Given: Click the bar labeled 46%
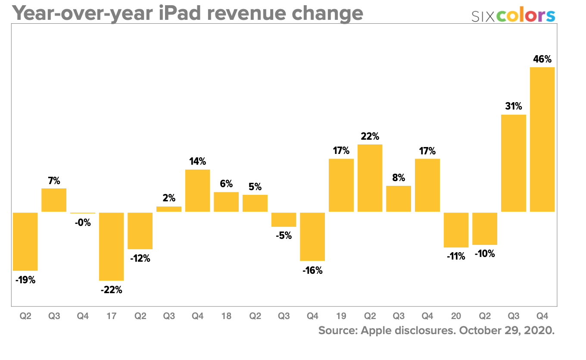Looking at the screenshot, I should click(542, 139).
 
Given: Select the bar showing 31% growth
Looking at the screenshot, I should click(514, 163).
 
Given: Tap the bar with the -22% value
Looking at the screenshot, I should click(111, 246).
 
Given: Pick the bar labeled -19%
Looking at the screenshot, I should click(25, 241).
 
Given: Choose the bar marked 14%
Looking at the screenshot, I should click(197, 191).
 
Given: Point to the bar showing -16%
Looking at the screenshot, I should click(312, 236).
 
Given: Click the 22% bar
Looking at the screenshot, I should click(370, 178).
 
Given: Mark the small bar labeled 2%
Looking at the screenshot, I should click(169, 209).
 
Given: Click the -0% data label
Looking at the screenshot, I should click(83, 223).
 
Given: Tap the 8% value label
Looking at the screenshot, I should click(399, 178).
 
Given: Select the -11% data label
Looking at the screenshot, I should click(456, 257).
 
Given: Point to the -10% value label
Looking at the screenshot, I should click(485, 254).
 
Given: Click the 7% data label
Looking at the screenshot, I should click(54, 181).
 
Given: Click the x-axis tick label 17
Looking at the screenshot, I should click(111, 316).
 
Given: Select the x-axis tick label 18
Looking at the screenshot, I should click(226, 316).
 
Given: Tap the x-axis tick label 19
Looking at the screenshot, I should click(341, 316).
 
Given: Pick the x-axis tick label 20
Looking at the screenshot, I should click(456, 316).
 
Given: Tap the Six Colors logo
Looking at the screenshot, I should click(513, 16).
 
